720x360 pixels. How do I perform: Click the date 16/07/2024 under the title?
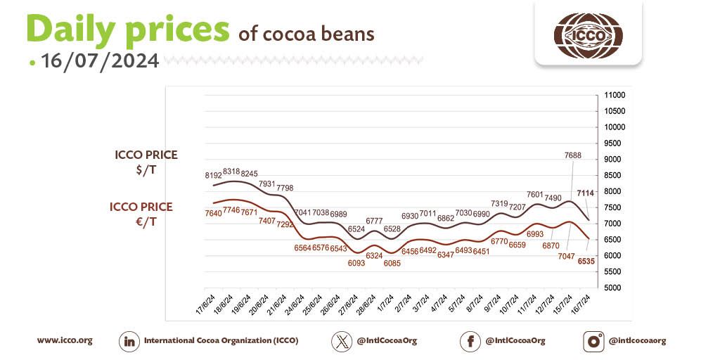coord(100,61)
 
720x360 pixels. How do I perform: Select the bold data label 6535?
coord(586,261)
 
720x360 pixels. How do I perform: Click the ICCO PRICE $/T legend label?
coord(146,161)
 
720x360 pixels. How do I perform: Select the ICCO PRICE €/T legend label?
coord(141,213)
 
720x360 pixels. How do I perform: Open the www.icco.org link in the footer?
coord(65,340)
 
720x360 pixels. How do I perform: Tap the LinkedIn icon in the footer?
coord(129,341)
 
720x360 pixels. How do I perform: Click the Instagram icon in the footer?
coord(594,341)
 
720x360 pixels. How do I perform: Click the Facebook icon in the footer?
coord(470,341)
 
